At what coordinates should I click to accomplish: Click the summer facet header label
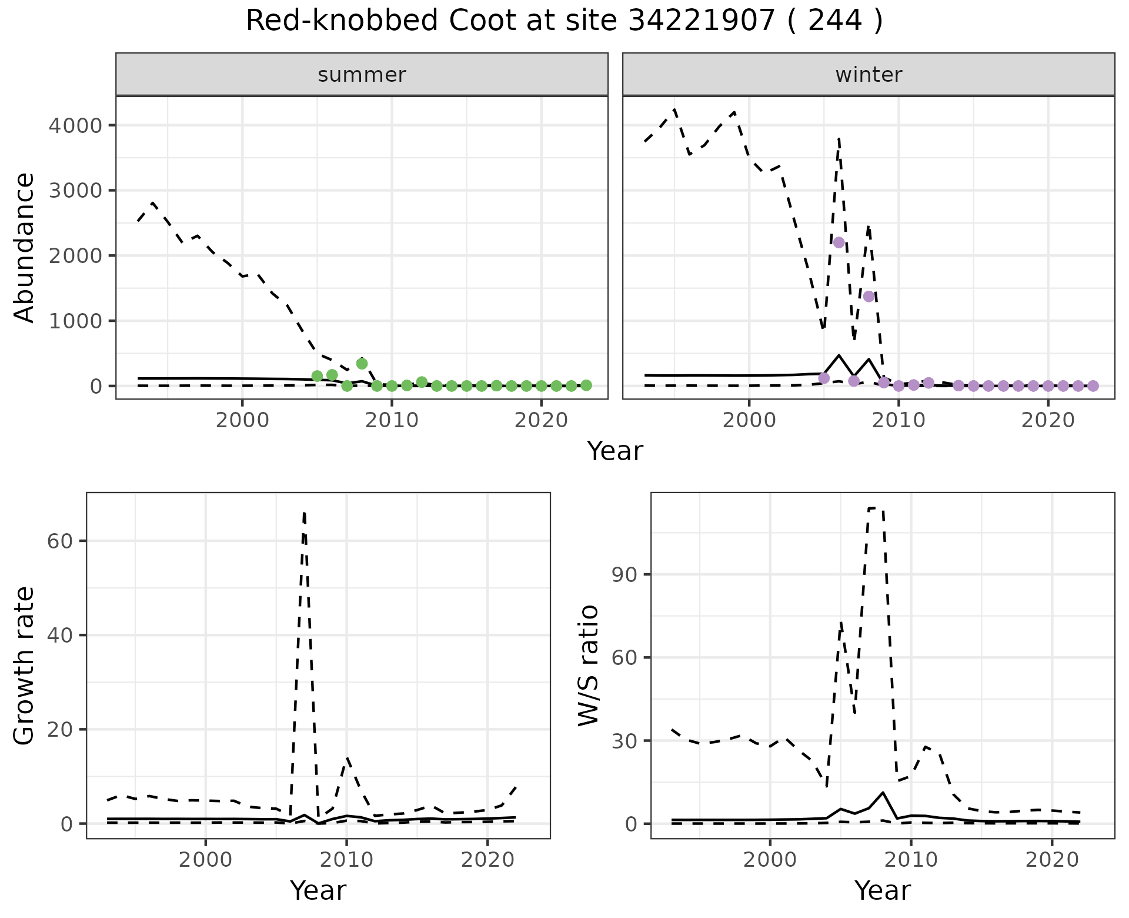pyautogui.click(x=362, y=75)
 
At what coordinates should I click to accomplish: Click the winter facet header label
pyautogui.click(x=869, y=75)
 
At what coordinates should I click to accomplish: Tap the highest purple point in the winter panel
pyautogui.click(x=839, y=242)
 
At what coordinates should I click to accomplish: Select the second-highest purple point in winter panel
pyautogui.click(x=869, y=297)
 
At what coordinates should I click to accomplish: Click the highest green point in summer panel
pyautogui.click(x=362, y=364)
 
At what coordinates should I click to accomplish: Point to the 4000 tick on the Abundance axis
pyautogui.click(x=83, y=125)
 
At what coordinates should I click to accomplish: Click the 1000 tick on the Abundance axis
pyautogui.click(x=83, y=321)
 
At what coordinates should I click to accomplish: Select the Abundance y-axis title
pyautogui.click(x=25, y=247)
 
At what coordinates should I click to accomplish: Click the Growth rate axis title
pyautogui.click(x=25, y=665)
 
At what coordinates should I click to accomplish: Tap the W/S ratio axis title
pyautogui.click(x=589, y=665)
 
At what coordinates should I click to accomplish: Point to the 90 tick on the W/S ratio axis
pyautogui.click(x=624, y=574)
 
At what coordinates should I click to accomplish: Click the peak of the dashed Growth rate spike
pyautogui.click(x=304, y=513)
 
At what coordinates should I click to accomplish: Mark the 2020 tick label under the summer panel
pyautogui.click(x=541, y=421)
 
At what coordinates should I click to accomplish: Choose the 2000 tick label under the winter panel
pyautogui.click(x=749, y=421)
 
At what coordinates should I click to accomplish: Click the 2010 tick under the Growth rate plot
pyautogui.click(x=346, y=860)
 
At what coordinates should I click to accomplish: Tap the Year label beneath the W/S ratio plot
pyautogui.click(x=882, y=890)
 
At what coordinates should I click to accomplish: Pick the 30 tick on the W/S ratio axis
pyautogui.click(x=624, y=740)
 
